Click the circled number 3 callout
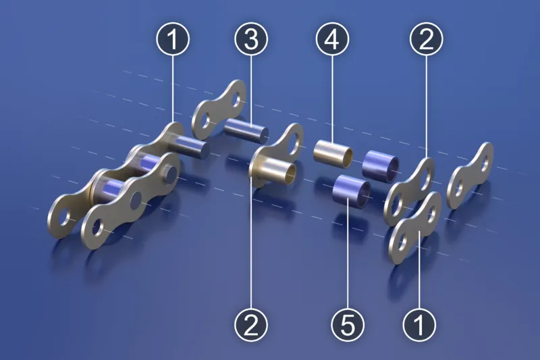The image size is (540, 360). pyautogui.click(x=251, y=39)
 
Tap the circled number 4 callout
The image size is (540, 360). pyautogui.click(x=332, y=39)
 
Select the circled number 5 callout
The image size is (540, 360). pyautogui.click(x=348, y=324)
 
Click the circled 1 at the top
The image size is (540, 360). pyautogui.click(x=173, y=39)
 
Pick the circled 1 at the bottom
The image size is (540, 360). pyautogui.click(x=419, y=324)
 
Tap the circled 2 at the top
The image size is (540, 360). pyautogui.click(x=427, y=39)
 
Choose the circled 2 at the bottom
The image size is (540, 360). pyautogui.click(x=251, y=324)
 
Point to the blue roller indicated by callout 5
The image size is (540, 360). pyautogui.click(x=351, y=191)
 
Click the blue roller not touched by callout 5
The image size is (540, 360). pyautogui.click(x=381, y=167)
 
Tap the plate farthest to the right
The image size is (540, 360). pyautogui.click(x=470, y=176)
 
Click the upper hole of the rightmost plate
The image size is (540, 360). pyautogui.click(x=485, y=163)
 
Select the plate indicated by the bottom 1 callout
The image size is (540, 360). pyautogui.click(x=415, y=228)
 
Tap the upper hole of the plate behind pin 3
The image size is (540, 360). pyautogui.click(x=237, y=99)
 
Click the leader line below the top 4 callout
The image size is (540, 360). pyautogui.click(x=332, y=98)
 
